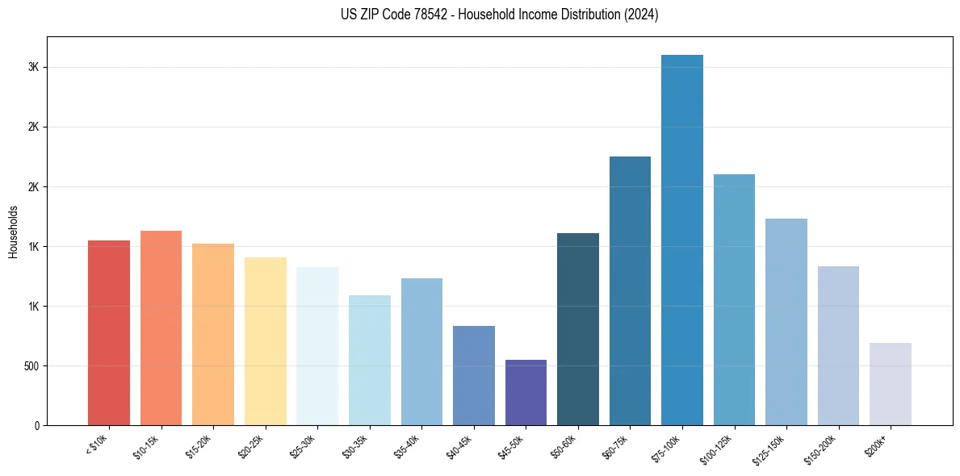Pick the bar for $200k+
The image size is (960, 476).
(891, 384)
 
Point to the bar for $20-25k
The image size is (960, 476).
(266, 341)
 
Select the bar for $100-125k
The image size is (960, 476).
(734, 299)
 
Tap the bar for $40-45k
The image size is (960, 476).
(474, 375)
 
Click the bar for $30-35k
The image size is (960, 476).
(370, 360)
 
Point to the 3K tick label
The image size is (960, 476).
(34, 68)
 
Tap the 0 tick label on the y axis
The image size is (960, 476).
(36, 426)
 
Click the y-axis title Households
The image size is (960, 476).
(14, 232)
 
